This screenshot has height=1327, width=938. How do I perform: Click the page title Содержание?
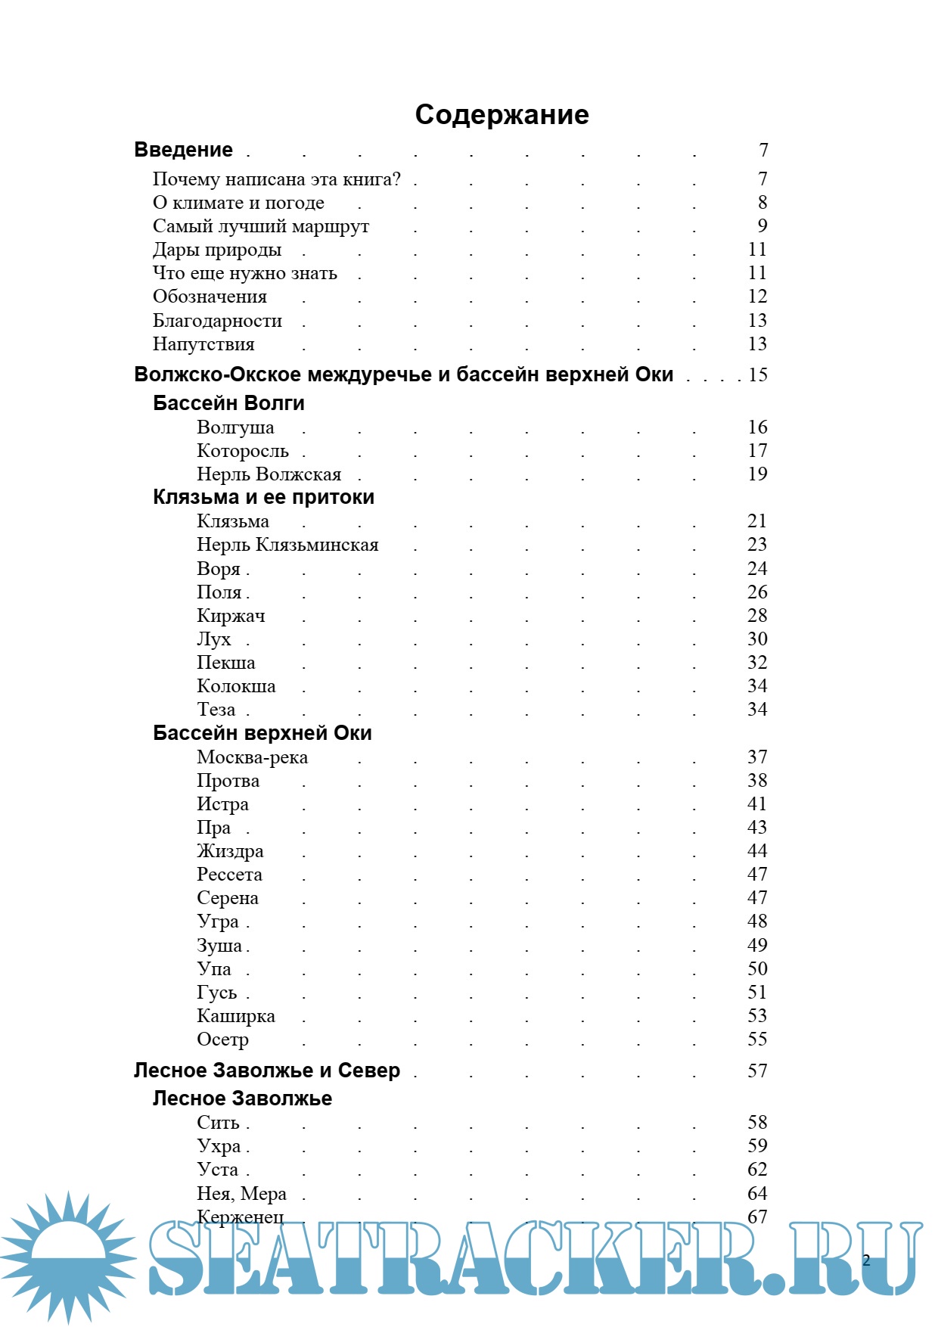pos(502,114)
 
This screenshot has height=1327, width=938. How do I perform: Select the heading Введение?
pos(183,150)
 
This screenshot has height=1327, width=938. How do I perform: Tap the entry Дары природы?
pos(217,250)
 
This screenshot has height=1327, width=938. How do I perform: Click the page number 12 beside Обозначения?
pos(757,297)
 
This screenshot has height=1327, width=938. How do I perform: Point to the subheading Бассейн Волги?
pos(228,403)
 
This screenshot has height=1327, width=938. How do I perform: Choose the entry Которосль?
pos(243,451)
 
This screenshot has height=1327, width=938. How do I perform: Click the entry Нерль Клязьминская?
pos(287,545)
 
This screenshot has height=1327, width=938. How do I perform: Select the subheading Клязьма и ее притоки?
pos(263,497)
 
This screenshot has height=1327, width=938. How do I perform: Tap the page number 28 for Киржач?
pos(757,616)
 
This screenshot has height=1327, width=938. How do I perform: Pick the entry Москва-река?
pos(252,757)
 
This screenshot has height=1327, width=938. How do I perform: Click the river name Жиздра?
pos(230,851)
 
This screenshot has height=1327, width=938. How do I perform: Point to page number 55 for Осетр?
pos(757,1040)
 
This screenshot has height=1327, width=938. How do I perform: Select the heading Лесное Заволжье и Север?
pos(267,1071)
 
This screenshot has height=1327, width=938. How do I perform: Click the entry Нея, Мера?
pos(241,1194)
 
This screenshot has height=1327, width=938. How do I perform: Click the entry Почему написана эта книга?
pos(277,179)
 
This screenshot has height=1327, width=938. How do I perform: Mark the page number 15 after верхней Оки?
pos(758,374)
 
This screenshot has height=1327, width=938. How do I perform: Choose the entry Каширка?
pos(236,1016)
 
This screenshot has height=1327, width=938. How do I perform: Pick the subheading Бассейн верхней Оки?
pos(262,733)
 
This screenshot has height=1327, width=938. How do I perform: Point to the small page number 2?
pos(866,1260)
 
